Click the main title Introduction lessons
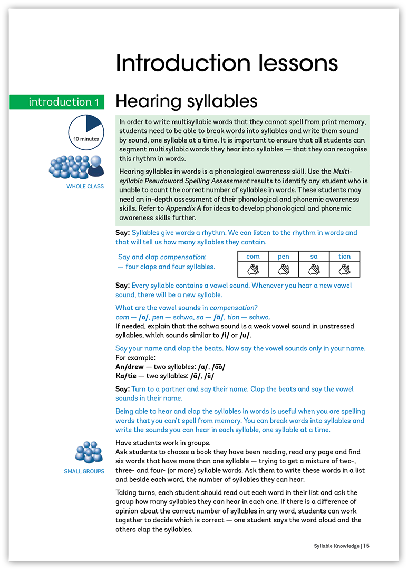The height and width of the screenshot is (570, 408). [x=227, y=63]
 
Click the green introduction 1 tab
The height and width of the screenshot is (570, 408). [x=57, y=102]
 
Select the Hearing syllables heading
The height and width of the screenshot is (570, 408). [x=186, y=101]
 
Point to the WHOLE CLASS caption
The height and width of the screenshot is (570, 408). [x=85, y=186]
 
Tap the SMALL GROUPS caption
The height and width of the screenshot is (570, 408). [x=84, y=471]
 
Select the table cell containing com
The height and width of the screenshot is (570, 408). [x=253, y=256]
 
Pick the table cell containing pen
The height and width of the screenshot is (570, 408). [x=284, y=256]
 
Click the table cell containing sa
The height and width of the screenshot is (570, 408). [x=314, y=256]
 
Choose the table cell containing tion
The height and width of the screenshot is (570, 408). [x=344, y=256]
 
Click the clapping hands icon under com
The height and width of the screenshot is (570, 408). [x=253, y=270]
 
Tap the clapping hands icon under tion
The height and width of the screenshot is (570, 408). [x=344, y=270]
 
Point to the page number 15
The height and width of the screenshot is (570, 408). [x=366, y=546]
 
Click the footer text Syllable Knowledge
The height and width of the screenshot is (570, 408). [x=333, y=546]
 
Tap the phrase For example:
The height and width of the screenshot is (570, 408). [x=132, y=358]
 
